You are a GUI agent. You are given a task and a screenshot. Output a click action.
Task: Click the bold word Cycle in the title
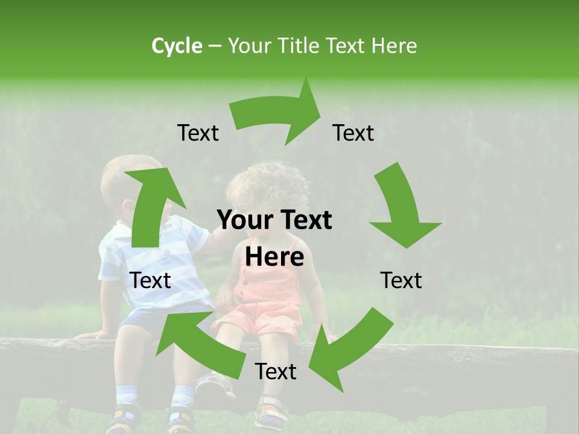(x=177, y=46)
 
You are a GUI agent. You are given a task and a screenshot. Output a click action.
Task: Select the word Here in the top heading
(x=394, y=46)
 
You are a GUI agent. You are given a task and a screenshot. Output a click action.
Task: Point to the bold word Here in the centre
(x=274, y=257)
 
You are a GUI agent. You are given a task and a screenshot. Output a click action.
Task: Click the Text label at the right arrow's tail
(x=198, y=133)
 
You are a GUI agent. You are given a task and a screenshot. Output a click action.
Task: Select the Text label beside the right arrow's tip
(x=353, y=133)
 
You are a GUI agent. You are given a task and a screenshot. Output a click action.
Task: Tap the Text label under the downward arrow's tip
(x=401, y=280)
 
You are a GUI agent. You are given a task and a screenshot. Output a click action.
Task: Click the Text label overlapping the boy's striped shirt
(x=150, y=280)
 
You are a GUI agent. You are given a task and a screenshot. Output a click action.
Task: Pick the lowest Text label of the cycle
(x=276, y=372)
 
